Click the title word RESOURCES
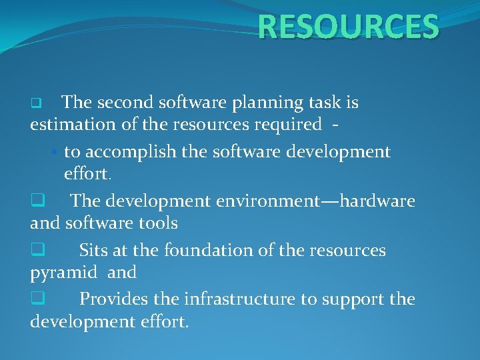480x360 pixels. pos(348,27)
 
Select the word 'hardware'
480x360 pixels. pos(377,201)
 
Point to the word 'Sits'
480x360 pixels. pos(93,251)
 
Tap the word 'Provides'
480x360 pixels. pos(111,300)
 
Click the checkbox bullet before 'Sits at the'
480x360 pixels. pos(37,251)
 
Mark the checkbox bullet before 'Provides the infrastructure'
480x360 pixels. pos(37,300)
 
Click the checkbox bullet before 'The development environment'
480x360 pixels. pos(37,201)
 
